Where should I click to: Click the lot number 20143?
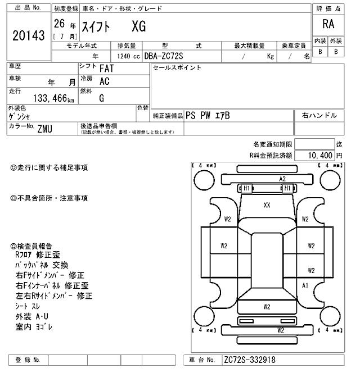tap(28, 35)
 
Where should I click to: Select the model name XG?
tap(138, 26)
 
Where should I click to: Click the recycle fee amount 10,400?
tap(318, 155)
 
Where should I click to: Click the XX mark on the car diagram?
tap(267, 206)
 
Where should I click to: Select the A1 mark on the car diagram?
tap(306, 285)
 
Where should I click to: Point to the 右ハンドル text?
tap(319, 115)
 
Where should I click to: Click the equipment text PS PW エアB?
tap(208, 116)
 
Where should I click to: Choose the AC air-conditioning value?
tap(103, 81)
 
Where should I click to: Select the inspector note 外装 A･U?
tap(32, 316)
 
